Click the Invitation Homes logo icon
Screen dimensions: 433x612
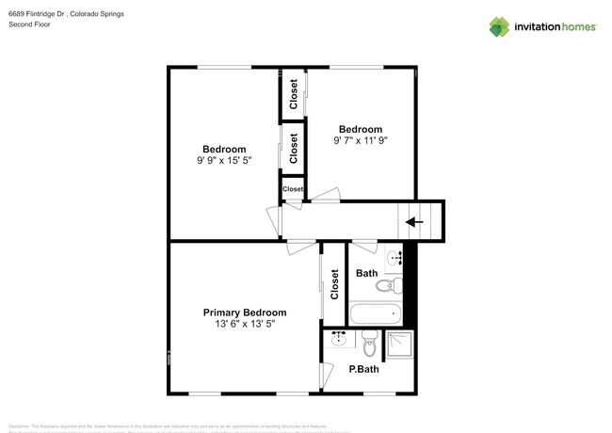[500, 26]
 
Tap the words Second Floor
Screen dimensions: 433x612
[31, 25]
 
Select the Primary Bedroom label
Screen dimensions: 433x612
[245, 313]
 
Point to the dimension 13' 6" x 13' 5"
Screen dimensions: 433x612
[245, 324]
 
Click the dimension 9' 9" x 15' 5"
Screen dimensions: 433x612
[224, 160]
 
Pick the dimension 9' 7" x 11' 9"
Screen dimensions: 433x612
[361, 140]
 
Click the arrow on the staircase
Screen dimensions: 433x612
[412, 222]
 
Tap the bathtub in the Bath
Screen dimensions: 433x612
[375, 313]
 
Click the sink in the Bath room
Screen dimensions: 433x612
[395, 255]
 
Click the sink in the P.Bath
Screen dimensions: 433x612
[337, 340]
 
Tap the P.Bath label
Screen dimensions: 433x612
[363, 369]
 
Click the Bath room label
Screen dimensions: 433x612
[366, 274]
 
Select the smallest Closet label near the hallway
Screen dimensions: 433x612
[293, 189]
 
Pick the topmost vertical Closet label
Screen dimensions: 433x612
[294, 96]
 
